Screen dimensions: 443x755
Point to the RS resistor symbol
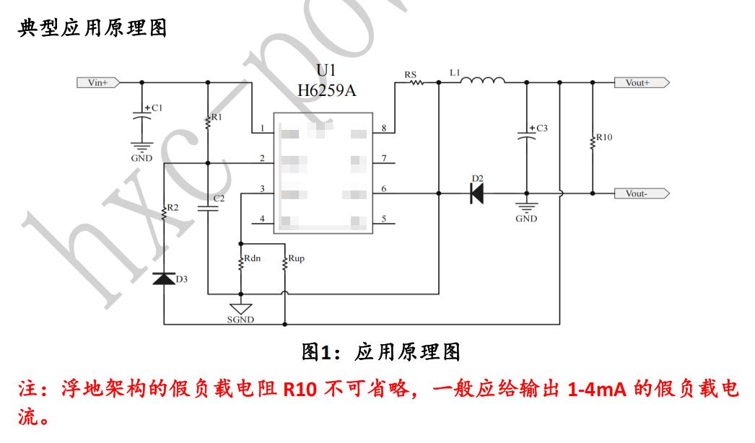[416, 83]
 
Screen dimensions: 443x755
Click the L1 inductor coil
[482, 81]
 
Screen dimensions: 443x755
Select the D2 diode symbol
[476, 193]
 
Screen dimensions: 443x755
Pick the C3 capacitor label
[541, 128]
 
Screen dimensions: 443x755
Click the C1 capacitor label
[156, 108]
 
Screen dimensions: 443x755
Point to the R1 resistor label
[217, 117]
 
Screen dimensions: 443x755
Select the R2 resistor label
[173, 208]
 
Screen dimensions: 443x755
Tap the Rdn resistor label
[253, 259]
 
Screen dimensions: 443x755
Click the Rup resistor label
[296, 259]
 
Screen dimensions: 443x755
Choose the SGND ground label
[240, 320]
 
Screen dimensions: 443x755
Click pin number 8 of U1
[383, 128]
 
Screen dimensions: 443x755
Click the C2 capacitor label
[219, 198]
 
